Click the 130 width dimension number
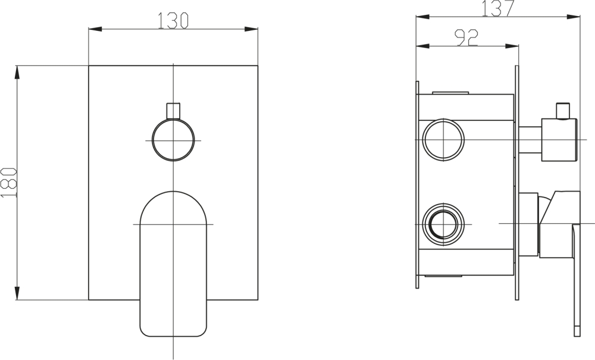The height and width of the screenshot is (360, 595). (x=173, y=20)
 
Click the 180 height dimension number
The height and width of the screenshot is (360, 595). (x=9, y=183)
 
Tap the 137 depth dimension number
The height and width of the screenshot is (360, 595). (x=498, y=8)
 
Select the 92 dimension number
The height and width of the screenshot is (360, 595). (x=466, y=37)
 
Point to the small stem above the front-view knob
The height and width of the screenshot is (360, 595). (x=173, y=111)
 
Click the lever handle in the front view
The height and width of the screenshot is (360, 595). (x=173, y=264)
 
